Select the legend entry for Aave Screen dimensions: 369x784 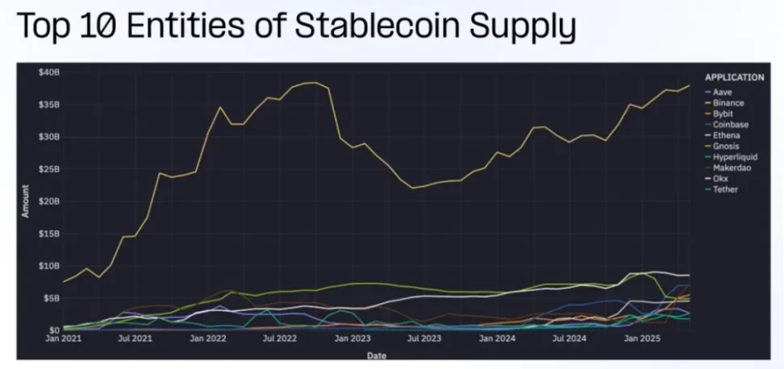(x=723, y=92)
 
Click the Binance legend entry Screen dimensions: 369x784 (x=728, y=103)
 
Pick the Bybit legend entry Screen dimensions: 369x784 (x=724, y=114)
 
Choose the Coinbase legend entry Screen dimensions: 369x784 (x=730, y=124)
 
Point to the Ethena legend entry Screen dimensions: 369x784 (x=726, y=135)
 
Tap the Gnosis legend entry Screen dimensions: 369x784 (x=726, y=146)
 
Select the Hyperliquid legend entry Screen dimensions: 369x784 (x=733, y=157)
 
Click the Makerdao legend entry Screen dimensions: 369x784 (x=732, y=168)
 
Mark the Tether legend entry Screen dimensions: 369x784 (x=725, y=189)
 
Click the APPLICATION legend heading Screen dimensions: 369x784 (x=734, y=77)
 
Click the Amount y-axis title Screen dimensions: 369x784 (x=27, y=201)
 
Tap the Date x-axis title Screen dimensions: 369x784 (x=377, y=354)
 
